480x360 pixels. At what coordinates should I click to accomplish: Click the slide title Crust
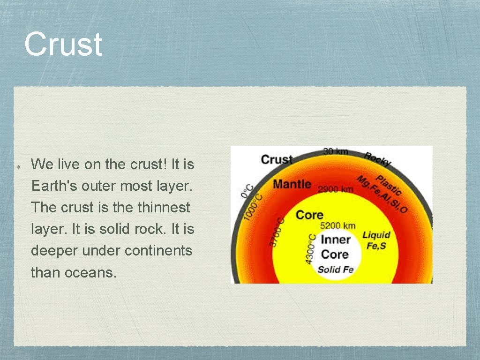pos(63,45)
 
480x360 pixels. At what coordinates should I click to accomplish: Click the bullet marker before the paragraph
pos(16,166)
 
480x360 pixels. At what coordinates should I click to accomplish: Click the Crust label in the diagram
pos(277,159)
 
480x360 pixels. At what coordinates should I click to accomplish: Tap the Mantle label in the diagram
pos(292,183)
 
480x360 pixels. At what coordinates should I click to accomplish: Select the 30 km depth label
pos(335,151)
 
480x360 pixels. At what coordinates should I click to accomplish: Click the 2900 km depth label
pos(336,189)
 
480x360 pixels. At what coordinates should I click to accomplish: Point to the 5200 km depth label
pos(337,226)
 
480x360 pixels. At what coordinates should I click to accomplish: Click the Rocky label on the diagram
pos(378,159)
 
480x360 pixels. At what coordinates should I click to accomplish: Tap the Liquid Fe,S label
pos(376,240)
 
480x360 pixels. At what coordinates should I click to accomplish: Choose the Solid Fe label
pos(335,270)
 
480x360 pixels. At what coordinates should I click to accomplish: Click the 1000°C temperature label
pos(253,207)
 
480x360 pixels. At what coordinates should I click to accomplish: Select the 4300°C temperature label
pos(310,248)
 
